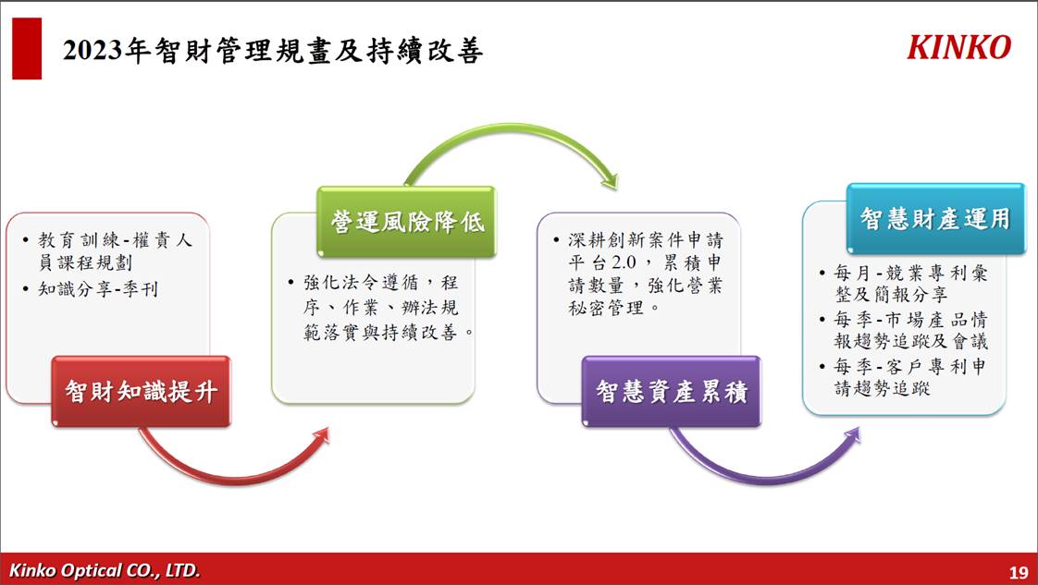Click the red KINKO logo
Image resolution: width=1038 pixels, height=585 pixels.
click(959, 47)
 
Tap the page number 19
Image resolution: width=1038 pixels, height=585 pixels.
click(1019, 572)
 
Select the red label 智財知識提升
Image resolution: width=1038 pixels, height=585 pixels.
click(141, 391)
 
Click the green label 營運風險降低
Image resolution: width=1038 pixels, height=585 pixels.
click(406, 222)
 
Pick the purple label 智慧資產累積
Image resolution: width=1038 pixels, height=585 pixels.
click(672, 391)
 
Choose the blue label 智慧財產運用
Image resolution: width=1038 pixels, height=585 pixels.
click(935, 219)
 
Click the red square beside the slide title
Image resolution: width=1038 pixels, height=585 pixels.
click(27, 48)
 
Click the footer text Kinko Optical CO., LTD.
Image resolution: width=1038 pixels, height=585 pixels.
click(105, 570)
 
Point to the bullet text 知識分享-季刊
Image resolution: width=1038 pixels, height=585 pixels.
click(98, 289)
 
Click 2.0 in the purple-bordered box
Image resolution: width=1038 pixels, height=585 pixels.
click(623, 262)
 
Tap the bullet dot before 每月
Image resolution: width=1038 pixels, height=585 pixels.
click(822, 273)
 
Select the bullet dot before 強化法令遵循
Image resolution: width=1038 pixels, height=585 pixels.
click(291, 283)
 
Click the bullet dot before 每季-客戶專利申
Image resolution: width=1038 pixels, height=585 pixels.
click(822, 366)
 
